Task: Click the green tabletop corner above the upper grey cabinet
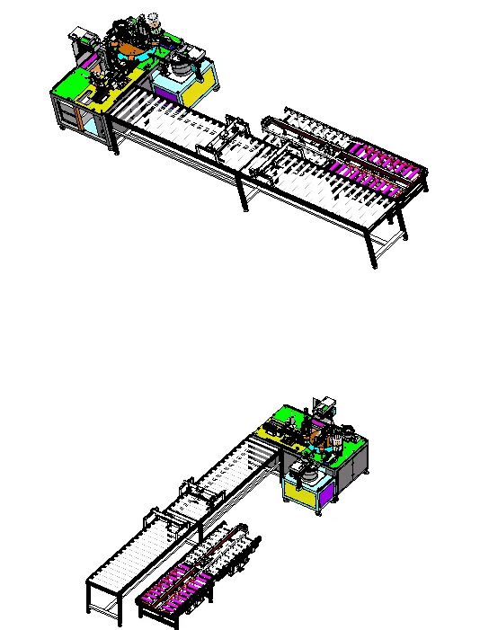coord(65,86)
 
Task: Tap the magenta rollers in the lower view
coord(176,585)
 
